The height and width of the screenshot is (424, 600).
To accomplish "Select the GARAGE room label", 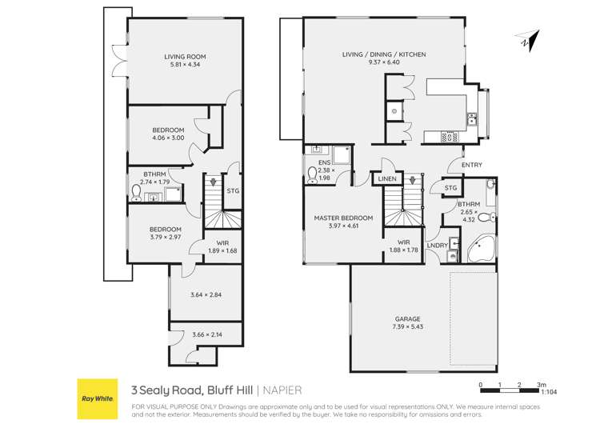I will (407, 318).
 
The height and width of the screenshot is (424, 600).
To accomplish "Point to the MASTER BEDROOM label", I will (343, 218).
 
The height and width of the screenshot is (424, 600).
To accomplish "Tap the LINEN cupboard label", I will (387, 178).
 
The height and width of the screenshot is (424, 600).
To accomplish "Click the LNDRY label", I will (437, 245).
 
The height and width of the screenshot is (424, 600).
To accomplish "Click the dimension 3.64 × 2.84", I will (206, 295).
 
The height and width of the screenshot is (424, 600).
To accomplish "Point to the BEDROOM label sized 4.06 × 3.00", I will (168, 130).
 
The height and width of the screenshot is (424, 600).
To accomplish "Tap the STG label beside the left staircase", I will (234, 191).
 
